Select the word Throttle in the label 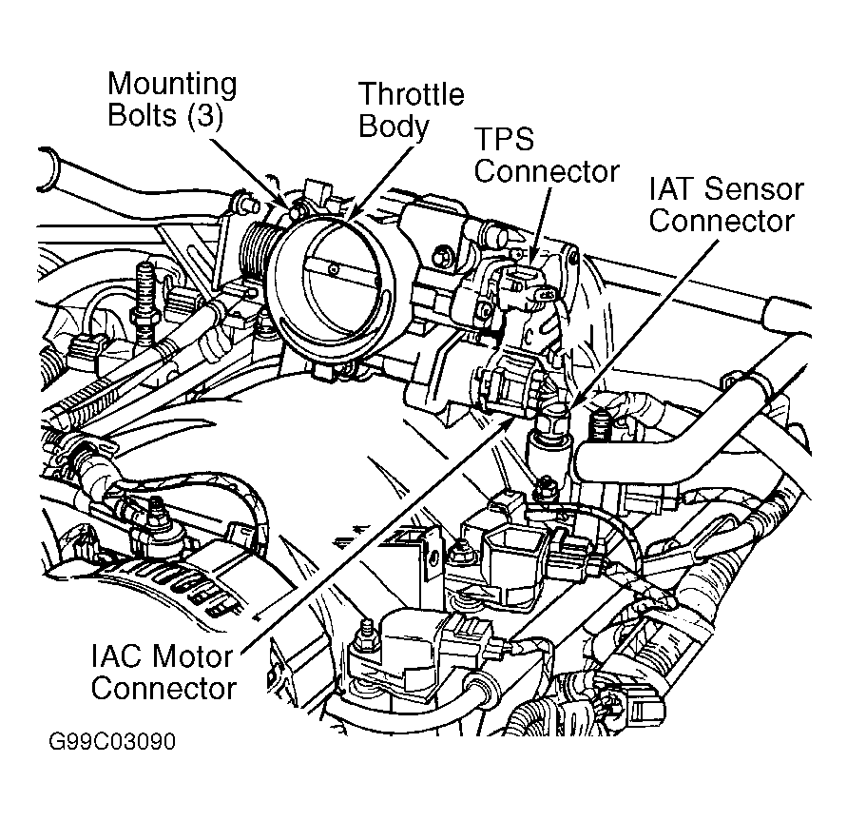(x=410, y=95)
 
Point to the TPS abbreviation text (x=505, y=141)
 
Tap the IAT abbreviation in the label (x=674, y=188)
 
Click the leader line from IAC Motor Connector (x=380, y=542)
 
